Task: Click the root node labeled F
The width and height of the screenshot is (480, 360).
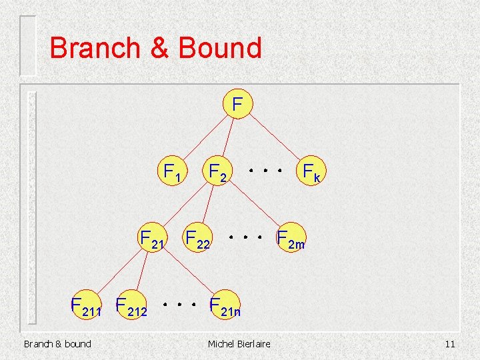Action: point(237,105)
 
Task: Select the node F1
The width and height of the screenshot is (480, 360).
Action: point(171,173)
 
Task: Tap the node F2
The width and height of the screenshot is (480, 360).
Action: point(218,173)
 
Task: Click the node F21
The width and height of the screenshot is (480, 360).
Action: point(151,238)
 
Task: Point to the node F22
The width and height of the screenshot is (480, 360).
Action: point(197,238)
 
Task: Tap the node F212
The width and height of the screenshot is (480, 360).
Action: point(131,306)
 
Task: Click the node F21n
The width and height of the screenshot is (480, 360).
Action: point(224,306)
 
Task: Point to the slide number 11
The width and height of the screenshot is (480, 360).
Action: point(449,344)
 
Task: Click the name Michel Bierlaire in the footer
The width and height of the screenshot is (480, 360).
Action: point(239,344)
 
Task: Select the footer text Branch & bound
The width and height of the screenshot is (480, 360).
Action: point(57,344)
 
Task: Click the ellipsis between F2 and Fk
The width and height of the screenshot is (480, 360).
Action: point(265,171)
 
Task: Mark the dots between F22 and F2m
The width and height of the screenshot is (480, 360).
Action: point(243,236)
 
